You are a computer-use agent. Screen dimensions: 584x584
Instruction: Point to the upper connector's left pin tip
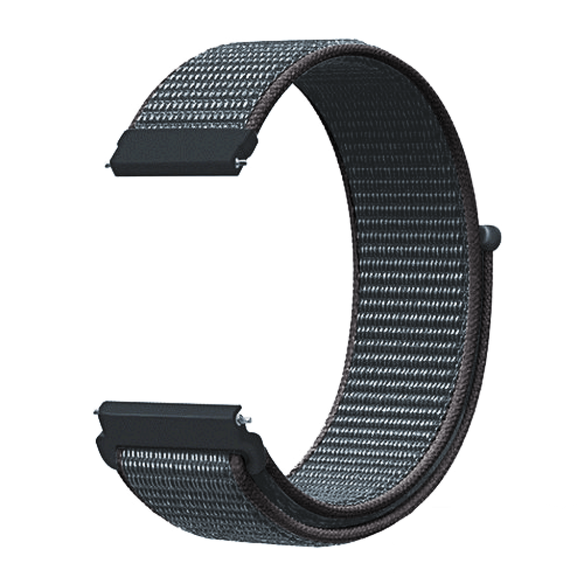(107, 165)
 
